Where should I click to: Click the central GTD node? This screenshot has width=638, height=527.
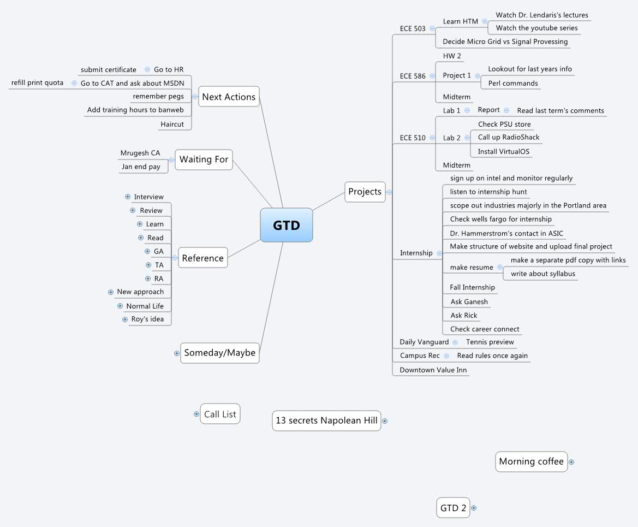(x=287, y=225)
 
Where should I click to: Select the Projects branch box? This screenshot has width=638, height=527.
(x=365, y=192)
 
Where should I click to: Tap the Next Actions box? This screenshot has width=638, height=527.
(x=229, y=97)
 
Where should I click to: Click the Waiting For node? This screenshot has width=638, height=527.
(x=204, y=159)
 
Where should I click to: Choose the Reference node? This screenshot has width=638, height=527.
(x=202, y=258)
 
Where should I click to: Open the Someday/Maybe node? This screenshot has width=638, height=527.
(x=220, y=353)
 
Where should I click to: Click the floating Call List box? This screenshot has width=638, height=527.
(x=220, y=414)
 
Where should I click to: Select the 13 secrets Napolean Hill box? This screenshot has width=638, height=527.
(x=326, y=421)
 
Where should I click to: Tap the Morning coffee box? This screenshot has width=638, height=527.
(x=531, y=461)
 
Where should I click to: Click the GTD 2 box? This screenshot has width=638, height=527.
(x=453, y=508)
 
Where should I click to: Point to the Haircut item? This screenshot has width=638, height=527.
(x=172, y=125)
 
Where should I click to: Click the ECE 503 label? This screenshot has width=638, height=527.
(x=413, y=28)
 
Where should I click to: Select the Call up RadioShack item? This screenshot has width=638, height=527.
(x=509, y=138)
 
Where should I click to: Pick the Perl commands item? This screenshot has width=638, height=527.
(x=513, y=84)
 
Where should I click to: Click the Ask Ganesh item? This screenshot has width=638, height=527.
(x=469, y=302)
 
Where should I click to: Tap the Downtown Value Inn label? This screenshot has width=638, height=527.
(x=433, y=370)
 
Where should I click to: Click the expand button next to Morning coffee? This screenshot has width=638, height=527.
(x=571, y=462)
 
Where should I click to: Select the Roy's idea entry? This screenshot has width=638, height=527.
(x=147, y=319)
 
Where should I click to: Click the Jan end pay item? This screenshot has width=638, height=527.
(x=141, y=167)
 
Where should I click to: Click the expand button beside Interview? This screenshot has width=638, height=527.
(x=128, y=197)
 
